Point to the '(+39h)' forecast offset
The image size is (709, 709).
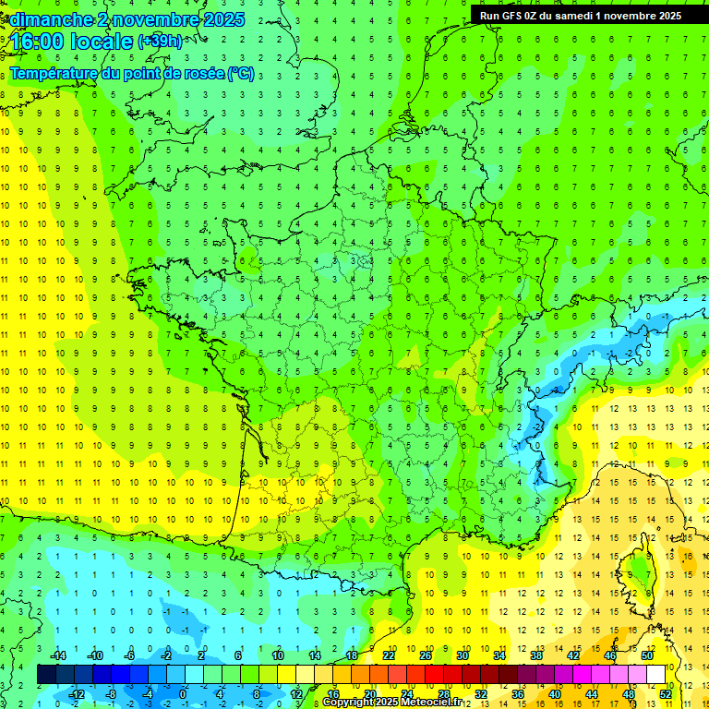tap(160, 42)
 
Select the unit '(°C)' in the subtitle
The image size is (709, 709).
tap(240, 74)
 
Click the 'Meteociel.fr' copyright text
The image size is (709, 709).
tap(435, 703)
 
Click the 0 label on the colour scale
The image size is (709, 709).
tap(183, 694)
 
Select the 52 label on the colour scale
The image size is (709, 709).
tap(666, 694)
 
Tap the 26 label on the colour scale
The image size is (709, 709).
tap(426, 655)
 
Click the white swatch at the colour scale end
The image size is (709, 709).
tap(655, 675)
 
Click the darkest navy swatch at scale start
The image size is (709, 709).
tap(46, 675)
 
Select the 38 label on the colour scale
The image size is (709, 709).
tap(536, 655)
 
